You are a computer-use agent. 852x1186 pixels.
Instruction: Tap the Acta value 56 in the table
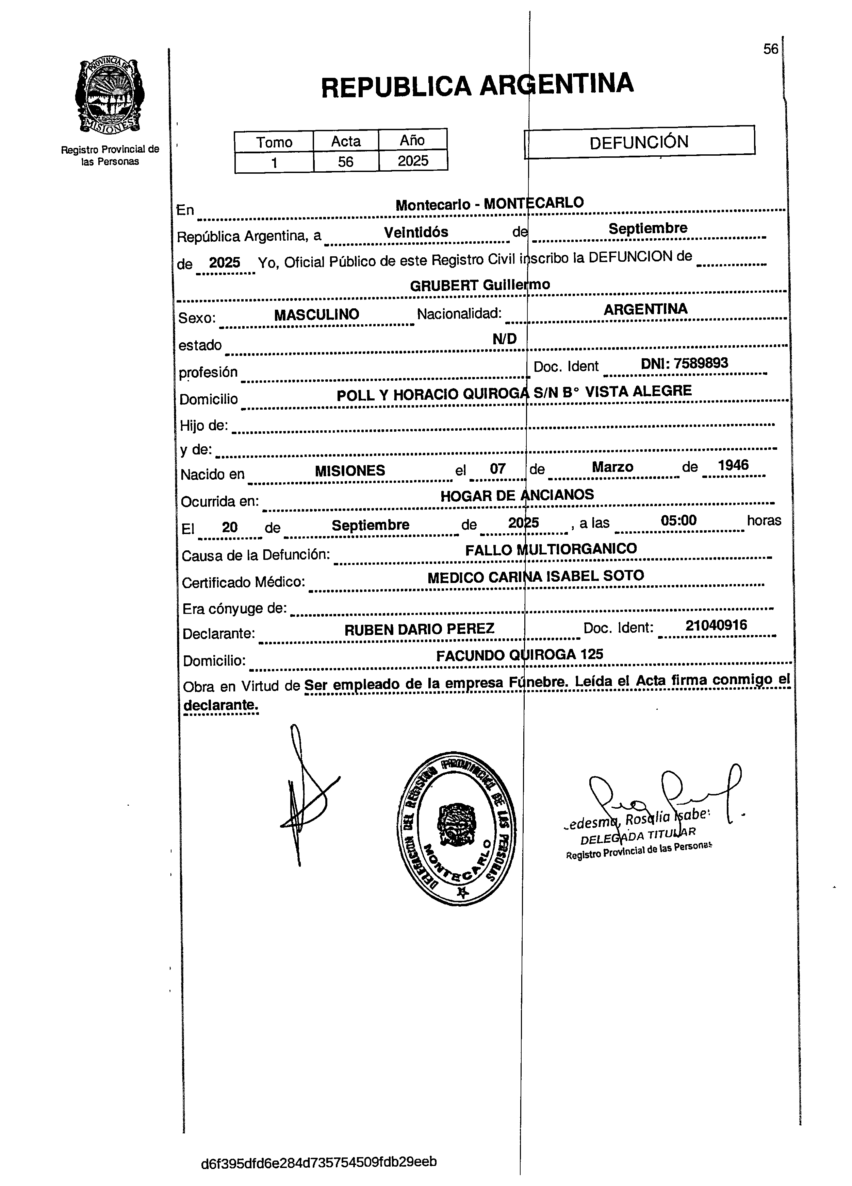pyautogui.click(x=345, y=161)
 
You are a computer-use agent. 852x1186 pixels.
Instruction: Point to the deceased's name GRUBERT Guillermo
pyautogui.click(x=480, y=285)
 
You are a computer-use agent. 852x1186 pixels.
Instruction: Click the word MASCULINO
pyautogui.click(x=317, y=314)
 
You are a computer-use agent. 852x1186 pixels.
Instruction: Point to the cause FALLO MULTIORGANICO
pyautogui.click(x=551, y=549)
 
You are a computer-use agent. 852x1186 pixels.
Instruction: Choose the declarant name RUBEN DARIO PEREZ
pyautogui.click(x=419, y=629)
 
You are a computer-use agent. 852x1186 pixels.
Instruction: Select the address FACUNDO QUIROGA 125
pyautogui.click(x=520, y=655)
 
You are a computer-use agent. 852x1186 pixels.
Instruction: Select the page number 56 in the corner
pyautogui.click(x=770, y=49)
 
